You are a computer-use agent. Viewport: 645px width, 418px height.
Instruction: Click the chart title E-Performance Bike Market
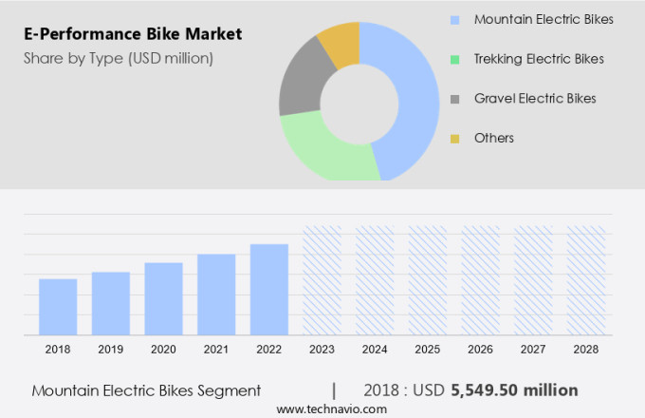coord(133,34)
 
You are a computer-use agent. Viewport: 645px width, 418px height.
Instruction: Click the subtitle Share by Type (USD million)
coord(119,58)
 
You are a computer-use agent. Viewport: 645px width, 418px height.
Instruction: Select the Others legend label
coord(493,138)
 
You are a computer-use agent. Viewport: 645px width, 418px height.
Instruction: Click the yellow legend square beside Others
coord(455,139)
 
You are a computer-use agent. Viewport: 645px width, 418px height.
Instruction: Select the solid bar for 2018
coord(58,306)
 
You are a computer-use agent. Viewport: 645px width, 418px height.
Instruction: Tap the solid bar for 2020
coord(163,298)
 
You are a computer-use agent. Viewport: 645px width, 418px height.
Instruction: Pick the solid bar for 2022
coord(269,289)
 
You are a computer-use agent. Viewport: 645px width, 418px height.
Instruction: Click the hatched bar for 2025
coord(428,280)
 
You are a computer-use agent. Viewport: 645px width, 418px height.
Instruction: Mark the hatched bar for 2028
coord(586,280)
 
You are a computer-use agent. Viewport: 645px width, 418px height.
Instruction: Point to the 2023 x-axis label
coord(322,350)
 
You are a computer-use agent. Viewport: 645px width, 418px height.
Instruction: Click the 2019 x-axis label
coord(110,350)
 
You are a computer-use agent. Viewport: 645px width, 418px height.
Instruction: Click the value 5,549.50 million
coord(515,390)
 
